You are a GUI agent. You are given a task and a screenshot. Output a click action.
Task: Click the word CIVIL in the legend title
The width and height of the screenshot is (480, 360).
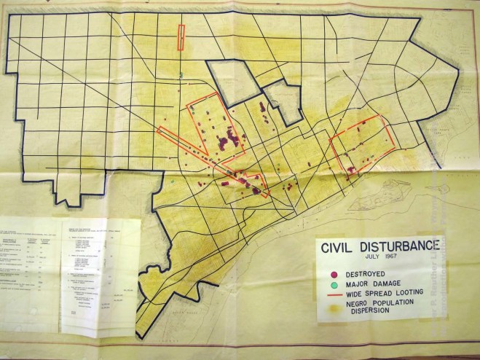click(x=339, y=246)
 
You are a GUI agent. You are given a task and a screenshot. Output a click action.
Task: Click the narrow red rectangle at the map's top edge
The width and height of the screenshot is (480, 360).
click(x=181, y=37)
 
